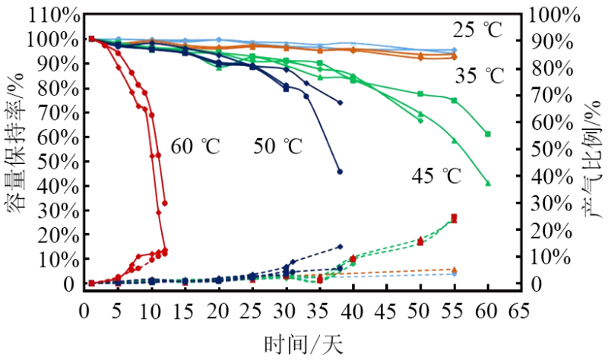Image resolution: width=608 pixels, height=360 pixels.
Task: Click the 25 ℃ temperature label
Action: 479,31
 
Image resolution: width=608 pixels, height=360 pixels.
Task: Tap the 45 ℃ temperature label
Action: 436,177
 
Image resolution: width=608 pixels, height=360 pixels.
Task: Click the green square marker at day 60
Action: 488,134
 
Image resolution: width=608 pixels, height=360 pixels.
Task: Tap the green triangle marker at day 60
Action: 488,183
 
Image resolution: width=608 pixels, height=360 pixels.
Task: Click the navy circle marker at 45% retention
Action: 340,172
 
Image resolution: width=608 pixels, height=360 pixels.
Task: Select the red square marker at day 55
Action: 454,217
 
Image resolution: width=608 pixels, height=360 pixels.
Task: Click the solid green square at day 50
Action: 420,93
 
